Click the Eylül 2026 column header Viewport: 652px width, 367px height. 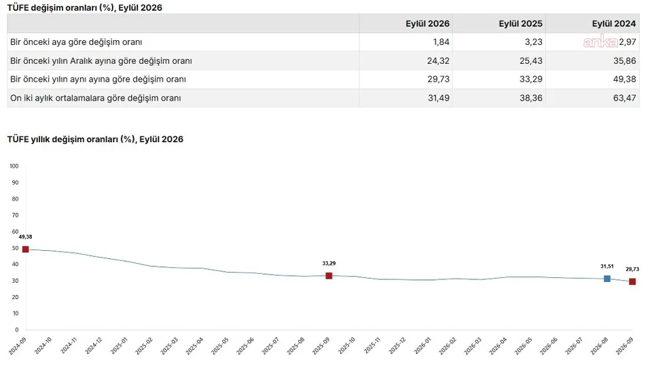[x=427, y=24]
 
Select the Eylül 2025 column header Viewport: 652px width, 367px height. [x=521, y=24]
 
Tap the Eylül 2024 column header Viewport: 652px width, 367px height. [x=614, y=24]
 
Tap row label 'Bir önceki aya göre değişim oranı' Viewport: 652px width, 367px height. [x=76, y=42]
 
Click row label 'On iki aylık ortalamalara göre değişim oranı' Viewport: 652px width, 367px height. [x=96, y=98]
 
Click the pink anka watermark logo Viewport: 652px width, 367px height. [x=600, y=41]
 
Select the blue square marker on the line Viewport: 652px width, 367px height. [x=607, y=279]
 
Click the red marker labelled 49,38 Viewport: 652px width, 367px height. [x=25, y=249]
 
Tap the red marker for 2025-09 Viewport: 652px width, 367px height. [x=329, y=276]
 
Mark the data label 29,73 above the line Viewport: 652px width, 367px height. [x=632, y=269]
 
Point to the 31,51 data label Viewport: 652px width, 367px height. [x=607, y=266]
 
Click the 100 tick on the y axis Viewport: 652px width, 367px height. [x=14, y=166]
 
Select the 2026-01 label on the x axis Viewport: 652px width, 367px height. [x=423, y=346]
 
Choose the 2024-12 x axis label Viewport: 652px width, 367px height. [x=94, y=346]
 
